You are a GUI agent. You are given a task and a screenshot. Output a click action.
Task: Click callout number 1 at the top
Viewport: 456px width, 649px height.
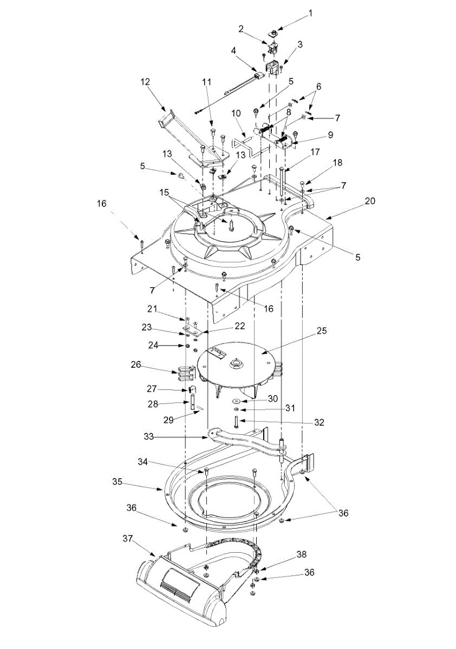[x=311, y=14]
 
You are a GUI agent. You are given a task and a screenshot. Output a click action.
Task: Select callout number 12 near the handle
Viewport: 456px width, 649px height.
[x=146, y=82]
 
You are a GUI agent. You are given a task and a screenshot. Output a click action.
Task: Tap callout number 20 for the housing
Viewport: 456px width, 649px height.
[x=370, y=201]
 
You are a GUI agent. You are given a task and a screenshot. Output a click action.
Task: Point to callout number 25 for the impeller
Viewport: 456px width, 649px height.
[x=322, y=330]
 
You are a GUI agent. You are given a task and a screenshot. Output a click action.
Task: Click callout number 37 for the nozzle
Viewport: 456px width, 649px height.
[x=128, y=539]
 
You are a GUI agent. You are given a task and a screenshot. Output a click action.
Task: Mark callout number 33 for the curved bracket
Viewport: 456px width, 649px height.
[x=148, y=436]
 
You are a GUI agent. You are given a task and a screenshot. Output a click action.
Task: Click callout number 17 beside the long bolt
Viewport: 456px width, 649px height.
[x=315, y=152]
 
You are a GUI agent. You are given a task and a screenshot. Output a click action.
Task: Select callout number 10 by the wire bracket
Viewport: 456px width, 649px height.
[x=237, y=113]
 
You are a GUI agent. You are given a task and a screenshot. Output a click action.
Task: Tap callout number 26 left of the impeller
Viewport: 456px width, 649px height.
[x=136, y=365]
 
